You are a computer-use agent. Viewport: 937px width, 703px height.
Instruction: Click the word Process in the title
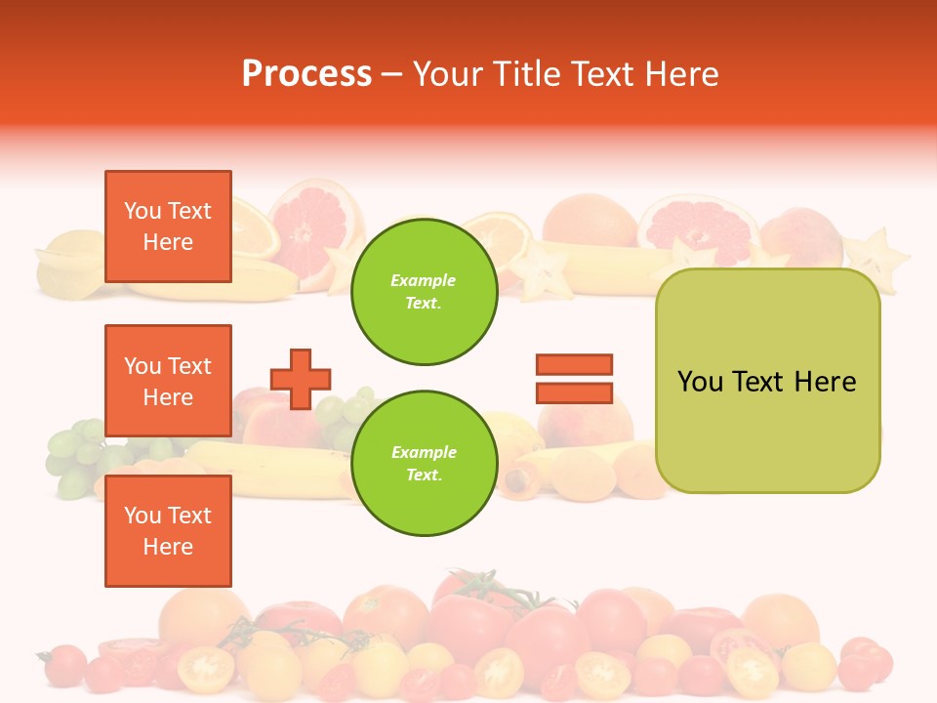(306, 74)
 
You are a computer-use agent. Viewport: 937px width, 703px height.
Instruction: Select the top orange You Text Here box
(168, 227)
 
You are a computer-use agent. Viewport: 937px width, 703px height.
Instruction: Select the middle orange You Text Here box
(168, 381)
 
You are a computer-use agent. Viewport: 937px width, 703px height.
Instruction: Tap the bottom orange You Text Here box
(168, 531)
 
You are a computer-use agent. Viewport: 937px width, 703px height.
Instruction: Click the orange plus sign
(301, 379)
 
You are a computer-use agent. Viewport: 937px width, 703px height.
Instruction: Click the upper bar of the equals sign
(574, 364)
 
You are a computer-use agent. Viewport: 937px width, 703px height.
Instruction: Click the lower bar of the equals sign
(574, 393)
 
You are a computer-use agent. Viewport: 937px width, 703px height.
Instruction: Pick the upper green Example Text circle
(425, 291)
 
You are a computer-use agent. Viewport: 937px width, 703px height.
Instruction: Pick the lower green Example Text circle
(425, 463)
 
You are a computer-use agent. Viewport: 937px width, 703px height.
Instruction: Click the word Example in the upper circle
(423, 280)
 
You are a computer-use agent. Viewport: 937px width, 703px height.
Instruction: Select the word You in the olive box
(700, 382)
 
